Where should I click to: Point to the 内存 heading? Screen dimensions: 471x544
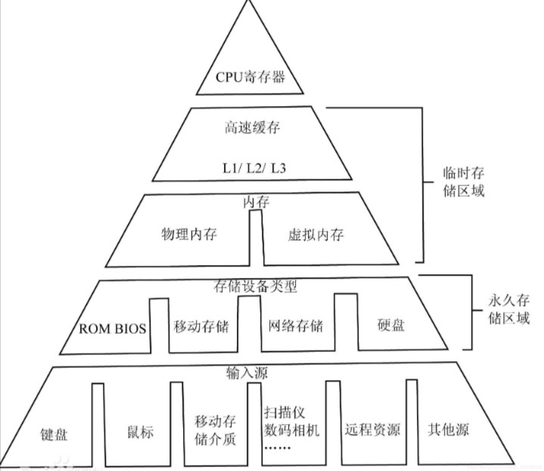click(x=256, y=202)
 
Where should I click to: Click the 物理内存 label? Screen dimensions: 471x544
click(x=189, y=234)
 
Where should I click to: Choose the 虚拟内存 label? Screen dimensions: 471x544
click(x=316, y=234)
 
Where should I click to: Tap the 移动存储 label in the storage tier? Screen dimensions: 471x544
click(x=201, y=326)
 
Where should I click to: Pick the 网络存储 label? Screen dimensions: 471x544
click(x=296, y=326)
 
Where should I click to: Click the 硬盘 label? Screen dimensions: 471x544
click(x=391, y=326)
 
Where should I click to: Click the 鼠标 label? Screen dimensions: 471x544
click(x=140, y=432)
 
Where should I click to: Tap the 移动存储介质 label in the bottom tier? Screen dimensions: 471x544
click(x=216, y=429)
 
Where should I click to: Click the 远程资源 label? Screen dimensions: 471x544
click(x=371, y=430)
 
